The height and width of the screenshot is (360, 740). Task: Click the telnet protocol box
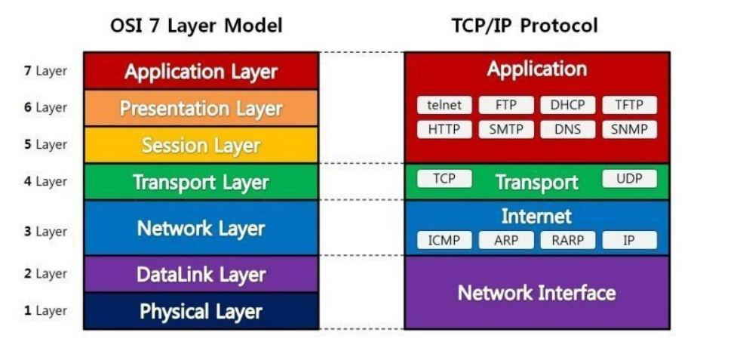click(444, 105)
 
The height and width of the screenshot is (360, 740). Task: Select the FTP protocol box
click(506, 105)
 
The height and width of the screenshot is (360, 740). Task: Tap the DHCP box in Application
click(568, 105)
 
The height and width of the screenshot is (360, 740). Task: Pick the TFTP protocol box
click(630, 105)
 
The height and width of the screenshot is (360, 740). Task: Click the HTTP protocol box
click(444, 130)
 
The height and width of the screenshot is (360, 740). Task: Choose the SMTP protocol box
click(506, 130)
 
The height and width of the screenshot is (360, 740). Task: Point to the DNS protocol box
click(568, 130)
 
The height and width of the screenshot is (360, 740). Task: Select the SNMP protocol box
click(630, 130)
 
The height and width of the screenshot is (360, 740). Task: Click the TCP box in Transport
click(444, 179)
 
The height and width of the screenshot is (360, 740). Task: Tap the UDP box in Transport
click(630, 179)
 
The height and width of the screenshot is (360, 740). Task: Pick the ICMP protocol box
click(444, 240)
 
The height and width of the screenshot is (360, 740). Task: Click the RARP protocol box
click(568, 240)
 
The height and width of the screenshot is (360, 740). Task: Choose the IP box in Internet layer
click(630, 240)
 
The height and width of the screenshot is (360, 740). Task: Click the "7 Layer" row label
click(45, 72)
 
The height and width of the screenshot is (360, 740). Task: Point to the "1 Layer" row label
click(45, 311)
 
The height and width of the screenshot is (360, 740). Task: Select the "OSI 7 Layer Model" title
click(196, 26)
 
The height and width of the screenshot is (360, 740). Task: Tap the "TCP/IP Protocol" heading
click(525, 26)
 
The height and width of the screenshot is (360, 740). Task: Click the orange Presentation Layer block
click(201, 108)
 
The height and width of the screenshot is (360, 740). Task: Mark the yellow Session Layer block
click(201, 145)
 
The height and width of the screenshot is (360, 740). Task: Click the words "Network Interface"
click(536, 293)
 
